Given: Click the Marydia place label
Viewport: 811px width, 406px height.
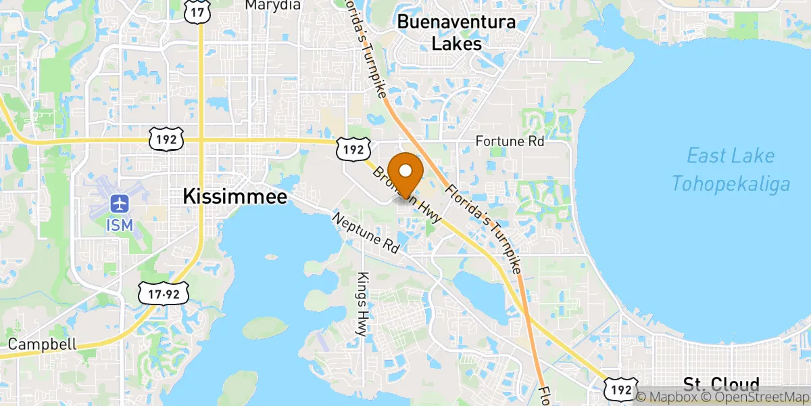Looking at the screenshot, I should pyautogui.click(x=272, y=5).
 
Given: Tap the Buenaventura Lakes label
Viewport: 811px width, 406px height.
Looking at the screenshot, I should pyautogui.click(x=457, y=33).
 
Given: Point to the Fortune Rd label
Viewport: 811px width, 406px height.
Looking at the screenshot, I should pyautogui.click(x=510, y=142).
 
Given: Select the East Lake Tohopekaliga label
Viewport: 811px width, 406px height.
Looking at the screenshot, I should pyautogui.click(x=731, y=169).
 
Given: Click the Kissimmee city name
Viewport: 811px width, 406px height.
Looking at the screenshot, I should pyautogui.click(x=235, y=197).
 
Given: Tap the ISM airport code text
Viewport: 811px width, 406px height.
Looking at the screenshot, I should pyautogui.click(x=119, y=224).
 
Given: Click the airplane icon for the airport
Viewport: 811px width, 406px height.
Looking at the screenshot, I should pyautogui.click(x=119, y=203).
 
